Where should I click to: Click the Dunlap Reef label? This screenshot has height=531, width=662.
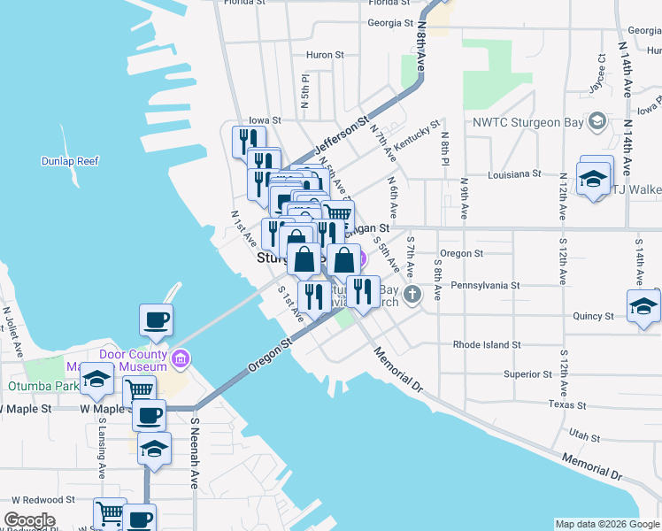pos(70,161)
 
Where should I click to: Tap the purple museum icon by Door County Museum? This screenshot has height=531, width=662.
pos(181,359)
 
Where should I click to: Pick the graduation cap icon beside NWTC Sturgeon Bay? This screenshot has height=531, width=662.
pos(597,121)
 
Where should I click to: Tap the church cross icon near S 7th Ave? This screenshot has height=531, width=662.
pos(412,294)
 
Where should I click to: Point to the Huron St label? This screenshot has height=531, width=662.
pos(325,55)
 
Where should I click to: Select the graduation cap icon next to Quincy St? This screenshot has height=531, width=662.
pos(643,306)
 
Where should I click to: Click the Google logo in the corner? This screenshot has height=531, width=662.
pos(29,520)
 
